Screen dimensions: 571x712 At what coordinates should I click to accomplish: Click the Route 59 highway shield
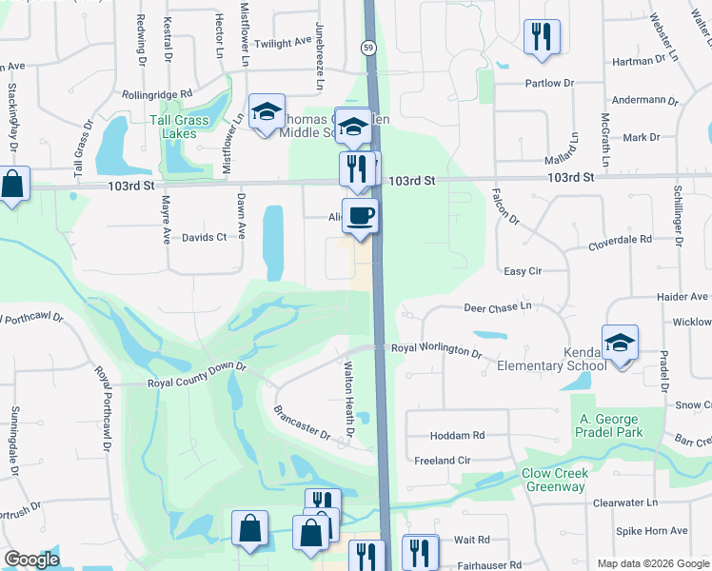(x=367, y=47)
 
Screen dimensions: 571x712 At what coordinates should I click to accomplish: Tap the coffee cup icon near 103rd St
(x=360, y=215)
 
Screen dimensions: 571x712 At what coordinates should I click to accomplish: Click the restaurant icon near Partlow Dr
(x=541, y=37)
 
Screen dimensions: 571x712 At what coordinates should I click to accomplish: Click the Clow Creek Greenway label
(x=555, y=480)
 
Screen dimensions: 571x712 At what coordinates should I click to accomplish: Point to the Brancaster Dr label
(x=301, y=423)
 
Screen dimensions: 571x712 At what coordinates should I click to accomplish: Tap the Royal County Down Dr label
(x=197, y=383)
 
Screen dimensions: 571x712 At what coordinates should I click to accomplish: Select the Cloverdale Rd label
(x=619, y=240)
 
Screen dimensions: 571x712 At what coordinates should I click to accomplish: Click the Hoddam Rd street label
(x=457, y=435)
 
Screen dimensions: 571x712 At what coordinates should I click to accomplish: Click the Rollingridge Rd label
(x=157, y=94)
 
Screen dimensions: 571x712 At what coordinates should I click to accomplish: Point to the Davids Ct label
(x=205, y=237)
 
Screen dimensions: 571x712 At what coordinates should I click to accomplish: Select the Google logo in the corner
(x=30, y=560)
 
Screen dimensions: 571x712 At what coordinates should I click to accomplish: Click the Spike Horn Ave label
(x=652, y=530)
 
